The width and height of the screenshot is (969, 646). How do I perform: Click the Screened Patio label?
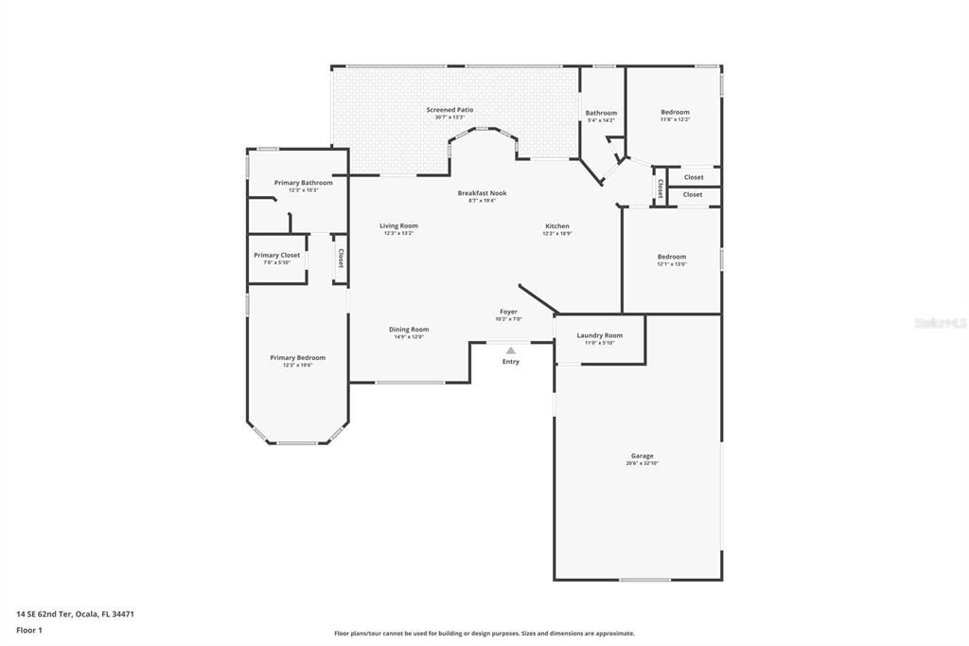pos(449,110)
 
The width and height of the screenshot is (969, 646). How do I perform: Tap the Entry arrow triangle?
pos(511,350)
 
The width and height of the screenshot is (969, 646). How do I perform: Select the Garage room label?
pos(642,456)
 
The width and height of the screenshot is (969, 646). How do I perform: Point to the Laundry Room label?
pos(599,335)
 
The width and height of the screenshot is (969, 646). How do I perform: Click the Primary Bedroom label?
pos(297,358)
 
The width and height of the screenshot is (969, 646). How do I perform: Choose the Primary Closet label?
pos(276,255)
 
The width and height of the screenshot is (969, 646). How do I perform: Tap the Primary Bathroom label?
pos(303,183)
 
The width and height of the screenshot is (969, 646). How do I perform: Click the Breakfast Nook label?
pos(482,193)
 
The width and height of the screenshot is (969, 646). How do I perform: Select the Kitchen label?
pos(557,226)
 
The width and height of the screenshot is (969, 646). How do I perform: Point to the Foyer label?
pos(508,312)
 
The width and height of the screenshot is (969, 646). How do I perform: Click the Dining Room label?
pos(409,330)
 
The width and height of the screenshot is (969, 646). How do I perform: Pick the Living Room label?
pos(398,225)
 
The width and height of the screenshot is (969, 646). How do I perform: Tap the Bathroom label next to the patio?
pos(601,113)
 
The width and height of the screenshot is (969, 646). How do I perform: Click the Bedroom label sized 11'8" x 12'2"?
pos(675,112)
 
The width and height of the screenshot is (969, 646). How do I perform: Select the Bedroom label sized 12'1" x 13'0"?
pos(672,257)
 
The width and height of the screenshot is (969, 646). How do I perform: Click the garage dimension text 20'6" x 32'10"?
pos(642,463)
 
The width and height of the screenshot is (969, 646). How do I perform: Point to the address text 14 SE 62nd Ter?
pos(75,614)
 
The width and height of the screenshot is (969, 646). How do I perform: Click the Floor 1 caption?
pos(29,629)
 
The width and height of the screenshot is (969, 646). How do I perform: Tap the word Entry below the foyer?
pos(511,361)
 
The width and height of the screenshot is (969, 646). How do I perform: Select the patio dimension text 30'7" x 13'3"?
pos(449,117)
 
